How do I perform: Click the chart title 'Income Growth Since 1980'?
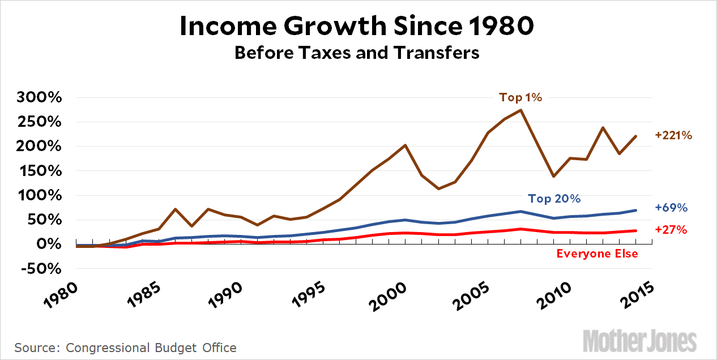[357, 27]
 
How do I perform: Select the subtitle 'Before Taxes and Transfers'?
[357, 53]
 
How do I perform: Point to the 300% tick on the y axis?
[40, 98]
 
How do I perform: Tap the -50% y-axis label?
[40, 269]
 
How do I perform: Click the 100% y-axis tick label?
[40, 196]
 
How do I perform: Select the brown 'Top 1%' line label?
[520, 97]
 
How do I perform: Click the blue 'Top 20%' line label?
[554, 199]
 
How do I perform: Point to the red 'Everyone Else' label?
[597, 254]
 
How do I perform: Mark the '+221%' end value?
[673, 136]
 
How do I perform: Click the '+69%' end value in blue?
[671, 208]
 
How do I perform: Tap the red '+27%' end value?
[671, 230]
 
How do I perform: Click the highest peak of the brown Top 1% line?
[520, 110]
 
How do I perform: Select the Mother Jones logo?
[639, 341]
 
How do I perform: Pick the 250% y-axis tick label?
[40, 122]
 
